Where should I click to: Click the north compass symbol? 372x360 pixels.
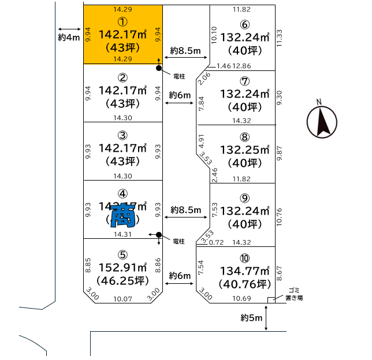[x=322, y=121]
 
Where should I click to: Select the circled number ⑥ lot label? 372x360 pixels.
[x=245, y=24]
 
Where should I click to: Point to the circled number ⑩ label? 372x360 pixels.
[x=245, y=258]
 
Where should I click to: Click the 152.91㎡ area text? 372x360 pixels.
[x=122, y=269]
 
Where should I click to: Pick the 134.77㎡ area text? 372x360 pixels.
[x=245, y=271]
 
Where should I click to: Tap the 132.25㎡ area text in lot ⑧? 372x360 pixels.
[x=245, y=150]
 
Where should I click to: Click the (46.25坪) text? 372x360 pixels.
[x=122, y=282]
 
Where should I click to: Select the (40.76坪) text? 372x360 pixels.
[x=245, y=284]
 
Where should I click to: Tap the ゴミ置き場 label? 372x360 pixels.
[x=294, y=295]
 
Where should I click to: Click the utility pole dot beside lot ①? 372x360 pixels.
[x=159, y=68]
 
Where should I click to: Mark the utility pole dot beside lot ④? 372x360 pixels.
[x=159, y=234]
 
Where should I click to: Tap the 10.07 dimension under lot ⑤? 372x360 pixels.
[x=122, y=299]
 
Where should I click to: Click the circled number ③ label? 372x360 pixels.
[x=122, y=136]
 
